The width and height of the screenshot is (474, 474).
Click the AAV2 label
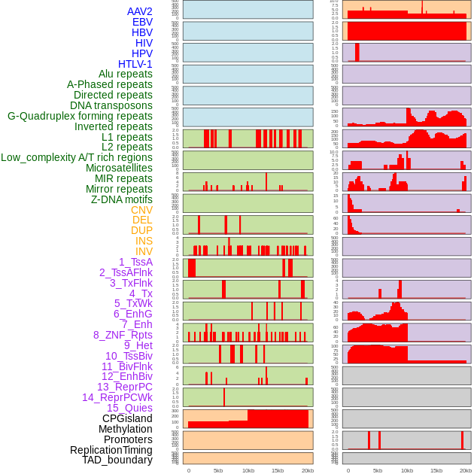click(x=139, y=11)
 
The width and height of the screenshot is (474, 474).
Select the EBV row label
click(x=142, y=22)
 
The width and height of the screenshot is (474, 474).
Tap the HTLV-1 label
click(x=135, y=64)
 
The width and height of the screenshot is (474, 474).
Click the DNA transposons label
click(x=111, y=105)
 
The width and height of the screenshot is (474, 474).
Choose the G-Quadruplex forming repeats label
click(x=80, y=116)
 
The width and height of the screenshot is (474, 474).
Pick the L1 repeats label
click(x=127, y=137)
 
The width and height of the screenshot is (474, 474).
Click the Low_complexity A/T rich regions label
click(x=77, y=157)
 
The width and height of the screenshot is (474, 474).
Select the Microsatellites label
click(x=119, y=168)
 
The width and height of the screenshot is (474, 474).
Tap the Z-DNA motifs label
click(x=122, y=199)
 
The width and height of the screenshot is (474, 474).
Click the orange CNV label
click(x=141, y=210)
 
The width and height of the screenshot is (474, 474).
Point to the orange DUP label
click(x=141, y=230)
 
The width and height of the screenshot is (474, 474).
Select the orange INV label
click(x=144, y=251)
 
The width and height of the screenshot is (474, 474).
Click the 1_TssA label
click(x=135, y=262)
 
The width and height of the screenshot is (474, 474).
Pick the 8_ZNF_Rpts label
click(x=123, y=335)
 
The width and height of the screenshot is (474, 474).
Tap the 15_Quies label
click(x=129, y=408)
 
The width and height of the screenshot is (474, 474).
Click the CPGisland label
click(x=127, y=418)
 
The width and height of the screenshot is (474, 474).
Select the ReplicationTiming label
click(x=111, y=450)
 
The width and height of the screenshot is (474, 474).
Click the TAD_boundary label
click(x=117, y=460)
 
